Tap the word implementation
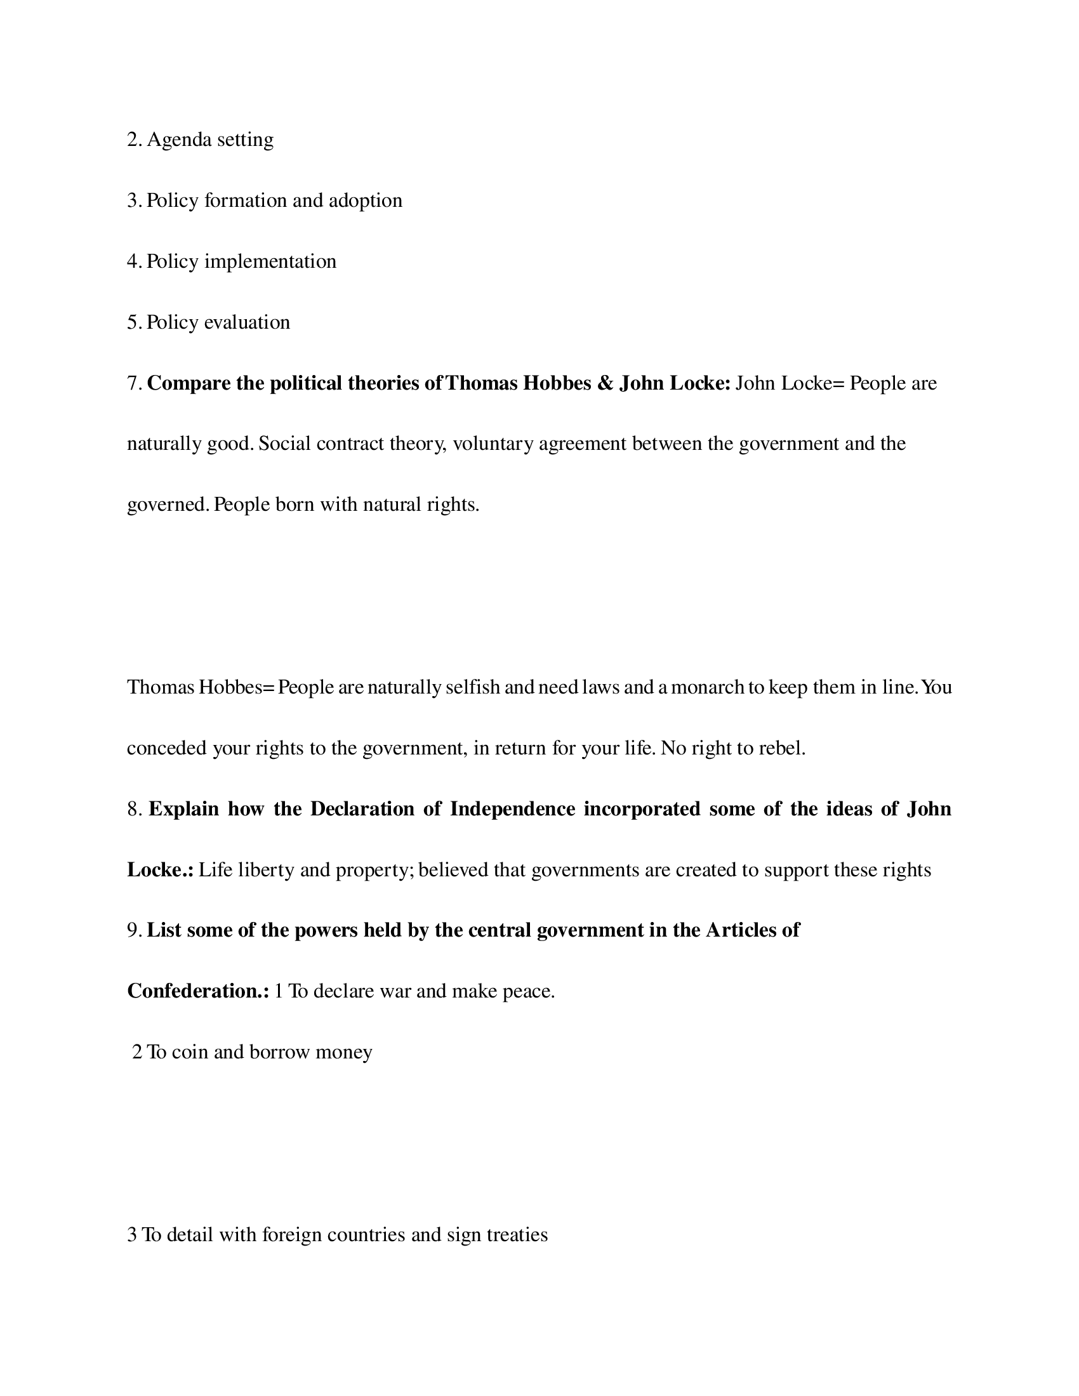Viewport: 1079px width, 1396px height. click(270, 261)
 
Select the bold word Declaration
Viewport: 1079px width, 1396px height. click(362, 809)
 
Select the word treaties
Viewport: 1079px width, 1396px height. click(517, 1234)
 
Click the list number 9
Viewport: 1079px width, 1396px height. click(133, 931)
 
